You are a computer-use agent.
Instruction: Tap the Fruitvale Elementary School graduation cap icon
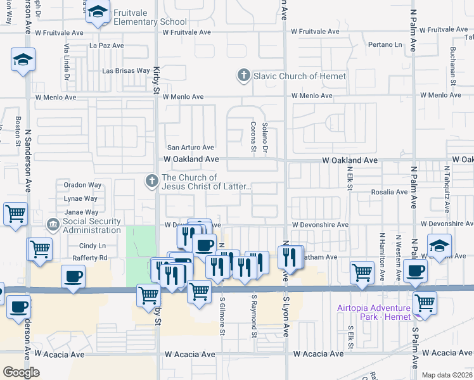point(98,13)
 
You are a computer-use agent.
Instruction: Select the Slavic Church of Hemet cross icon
point(243,77)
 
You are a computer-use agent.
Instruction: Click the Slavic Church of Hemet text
point(300,77)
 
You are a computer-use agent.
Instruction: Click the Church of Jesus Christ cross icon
point(151,182)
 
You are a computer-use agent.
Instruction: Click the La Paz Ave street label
point(106,46)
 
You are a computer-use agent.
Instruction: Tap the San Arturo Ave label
point(190,147)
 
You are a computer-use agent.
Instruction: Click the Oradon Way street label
point(79,185)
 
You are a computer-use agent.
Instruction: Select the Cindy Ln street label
point(93,246)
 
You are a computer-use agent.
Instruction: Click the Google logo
point(21,372)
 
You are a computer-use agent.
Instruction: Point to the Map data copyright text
point(446,375)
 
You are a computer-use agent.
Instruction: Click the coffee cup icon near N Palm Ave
point(415,271)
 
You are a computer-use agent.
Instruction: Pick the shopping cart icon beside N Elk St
point(362,272)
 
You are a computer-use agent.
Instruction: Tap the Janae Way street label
point(82,212)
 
